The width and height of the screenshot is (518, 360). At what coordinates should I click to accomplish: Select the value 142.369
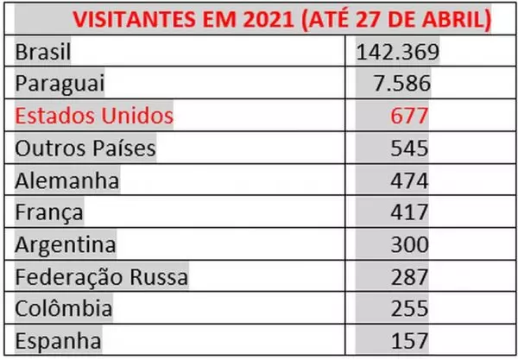399,54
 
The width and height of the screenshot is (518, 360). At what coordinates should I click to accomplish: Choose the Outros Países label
85,148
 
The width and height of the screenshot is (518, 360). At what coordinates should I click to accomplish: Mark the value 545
409,148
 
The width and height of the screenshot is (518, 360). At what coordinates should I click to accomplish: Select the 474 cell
409,180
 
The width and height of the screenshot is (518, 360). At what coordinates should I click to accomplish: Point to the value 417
409,212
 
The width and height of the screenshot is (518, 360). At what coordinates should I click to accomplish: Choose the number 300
409,244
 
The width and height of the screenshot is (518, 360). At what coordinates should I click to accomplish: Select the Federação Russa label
101,276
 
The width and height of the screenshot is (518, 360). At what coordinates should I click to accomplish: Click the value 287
409,276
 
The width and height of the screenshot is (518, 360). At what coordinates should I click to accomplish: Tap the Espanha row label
58,340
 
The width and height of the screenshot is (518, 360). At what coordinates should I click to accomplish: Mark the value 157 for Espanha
409,340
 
